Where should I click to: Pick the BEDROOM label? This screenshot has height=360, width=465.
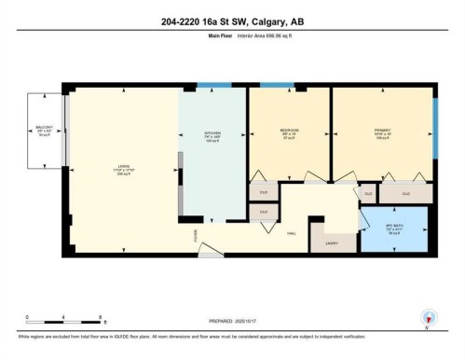pos(288,131)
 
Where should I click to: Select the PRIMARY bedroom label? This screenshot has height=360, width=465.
pos(382,131)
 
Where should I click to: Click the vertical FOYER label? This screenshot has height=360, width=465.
pos(196,235)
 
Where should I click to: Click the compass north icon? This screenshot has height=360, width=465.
pos(430,317)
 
